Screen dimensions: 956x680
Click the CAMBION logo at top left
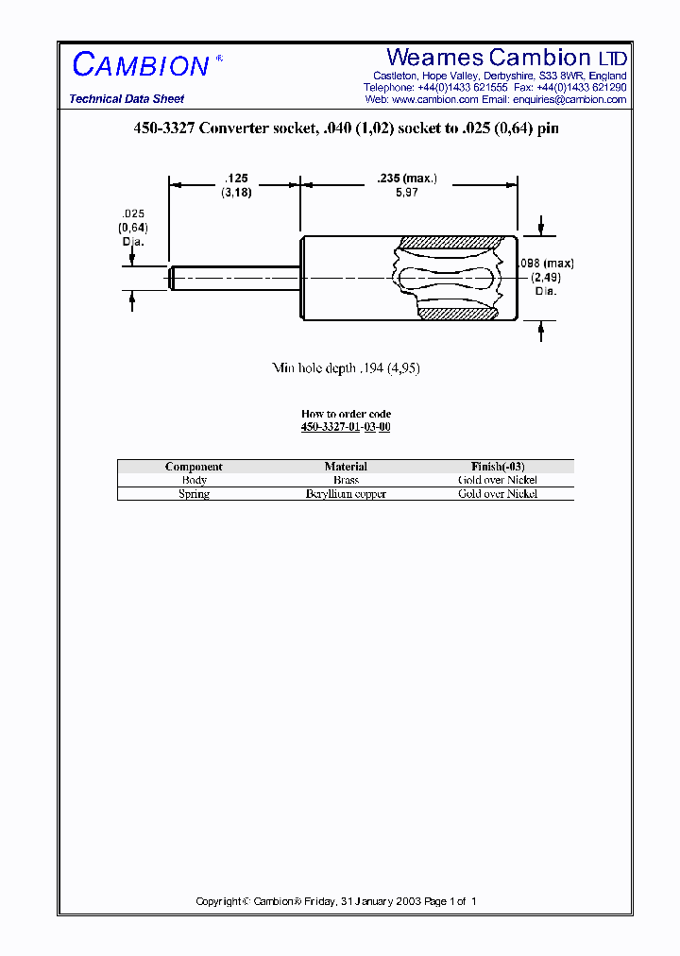point(141,65)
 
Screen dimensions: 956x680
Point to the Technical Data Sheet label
point(127,99)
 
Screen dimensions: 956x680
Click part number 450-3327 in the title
point(164,128)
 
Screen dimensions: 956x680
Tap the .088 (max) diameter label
point(546,264)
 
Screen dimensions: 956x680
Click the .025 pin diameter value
point(132,214)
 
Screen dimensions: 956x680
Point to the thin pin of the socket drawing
point(236,278)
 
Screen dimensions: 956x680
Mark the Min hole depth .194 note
point(346,368)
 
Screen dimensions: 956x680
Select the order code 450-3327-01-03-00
point(346,427)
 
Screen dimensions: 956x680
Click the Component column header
point(194,467)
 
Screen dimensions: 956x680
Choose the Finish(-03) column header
point(498,467)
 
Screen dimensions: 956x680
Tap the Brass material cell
point(346,480)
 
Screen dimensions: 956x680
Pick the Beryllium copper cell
point(346,494)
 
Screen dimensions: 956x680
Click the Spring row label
point(194,494)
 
